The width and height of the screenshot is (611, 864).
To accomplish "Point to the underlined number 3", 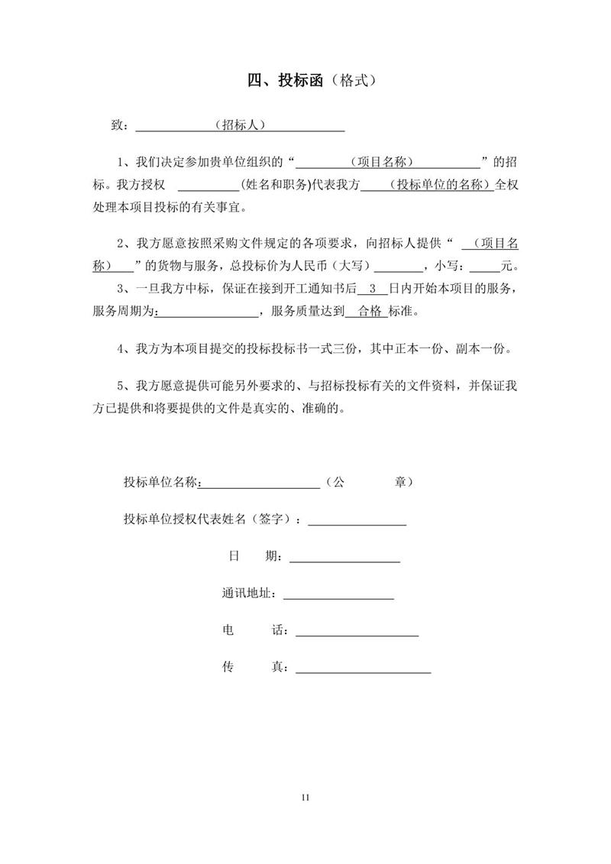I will [372, 290].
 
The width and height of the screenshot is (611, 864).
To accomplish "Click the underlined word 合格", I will [369, 312].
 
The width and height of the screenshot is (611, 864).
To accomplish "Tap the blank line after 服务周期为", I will [209, 313].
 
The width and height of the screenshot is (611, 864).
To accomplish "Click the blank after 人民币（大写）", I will [400, 269].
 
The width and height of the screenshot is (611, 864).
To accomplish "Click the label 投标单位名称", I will [160, 482].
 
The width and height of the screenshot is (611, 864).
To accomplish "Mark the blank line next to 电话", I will [357, 633].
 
